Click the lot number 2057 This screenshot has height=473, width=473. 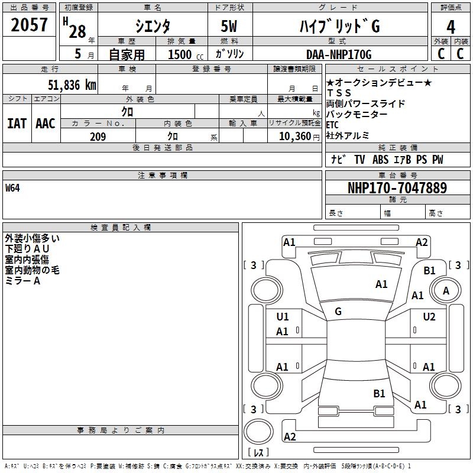click(x=30, y=25)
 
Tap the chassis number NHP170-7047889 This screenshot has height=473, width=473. click(x=397, y=188)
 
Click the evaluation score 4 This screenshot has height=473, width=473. click(x=451, y=27)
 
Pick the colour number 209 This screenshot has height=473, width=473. click(x=98, y=137)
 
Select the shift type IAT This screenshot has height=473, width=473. click(x=17, y=124)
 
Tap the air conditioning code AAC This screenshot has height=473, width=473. click(x=45, y=124)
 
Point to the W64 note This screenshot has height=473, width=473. click(x=12, y=189)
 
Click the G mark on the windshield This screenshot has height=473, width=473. click(x=338, y=312)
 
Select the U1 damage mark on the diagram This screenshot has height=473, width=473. click(x=283, y=317)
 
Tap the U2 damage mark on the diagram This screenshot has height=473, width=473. click(x=429, y=317)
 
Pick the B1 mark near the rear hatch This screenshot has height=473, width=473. click(x=379, y=393)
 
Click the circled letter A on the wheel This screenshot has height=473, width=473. click(x=446, y=290)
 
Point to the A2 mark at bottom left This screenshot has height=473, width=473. click(x=290, y=437)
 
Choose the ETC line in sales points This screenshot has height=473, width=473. click(x=332, y=125)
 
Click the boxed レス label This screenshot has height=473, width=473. click(x=258, y=453)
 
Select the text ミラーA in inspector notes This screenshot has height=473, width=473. click(x=22, y=281)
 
